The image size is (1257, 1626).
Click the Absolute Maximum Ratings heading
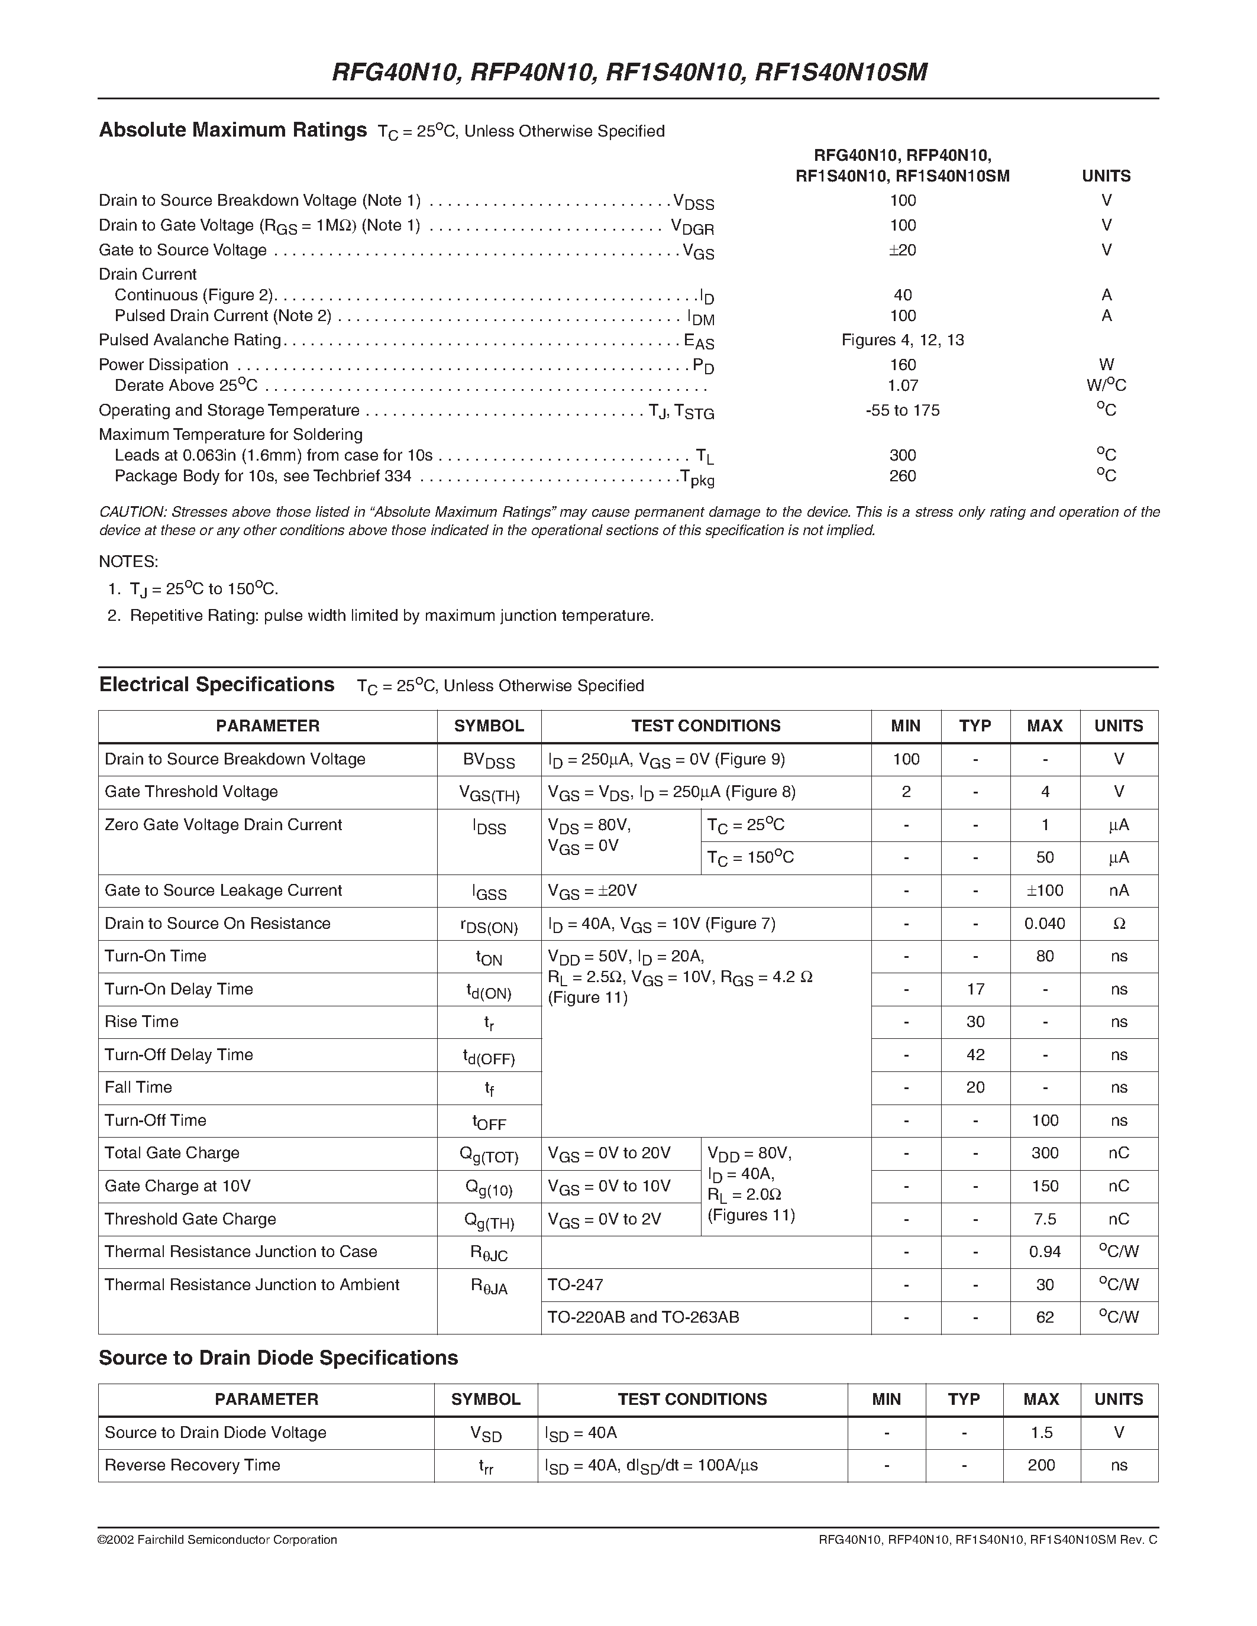pos(232,130)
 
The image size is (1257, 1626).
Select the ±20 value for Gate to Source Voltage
pos(902,250)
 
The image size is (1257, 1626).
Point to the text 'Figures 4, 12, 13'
pos(902,340)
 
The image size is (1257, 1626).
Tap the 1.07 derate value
pos(902,386)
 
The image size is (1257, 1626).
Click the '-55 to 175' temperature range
pos(902,410)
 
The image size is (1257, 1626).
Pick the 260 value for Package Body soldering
pos(902,476)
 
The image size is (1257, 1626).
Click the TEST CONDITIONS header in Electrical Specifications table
pos(705,726)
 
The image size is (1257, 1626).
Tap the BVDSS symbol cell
pos(489,760)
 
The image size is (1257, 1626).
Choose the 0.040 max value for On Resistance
pos(1044,924)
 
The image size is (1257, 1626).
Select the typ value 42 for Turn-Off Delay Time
pos(975,1055)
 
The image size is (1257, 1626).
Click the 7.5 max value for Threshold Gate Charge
pos(1044,1219)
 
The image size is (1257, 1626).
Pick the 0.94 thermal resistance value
pos(1044,1252)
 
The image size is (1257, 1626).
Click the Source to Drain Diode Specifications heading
pos(278,1358)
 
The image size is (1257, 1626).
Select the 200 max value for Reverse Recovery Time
pos(1041,1465)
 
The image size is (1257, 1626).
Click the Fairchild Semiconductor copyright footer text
pos(218,1540)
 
